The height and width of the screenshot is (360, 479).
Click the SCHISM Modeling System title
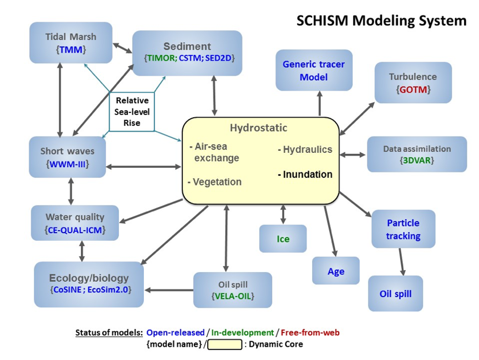(381, 21)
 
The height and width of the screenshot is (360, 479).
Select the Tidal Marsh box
(71, 43)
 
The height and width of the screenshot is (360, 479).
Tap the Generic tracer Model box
(314, 71)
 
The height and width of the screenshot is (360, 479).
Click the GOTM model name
(413, 89)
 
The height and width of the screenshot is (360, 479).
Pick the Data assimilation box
(417, 154)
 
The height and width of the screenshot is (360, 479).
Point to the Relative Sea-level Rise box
(132, 111)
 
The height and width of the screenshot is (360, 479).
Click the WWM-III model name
(68, 164)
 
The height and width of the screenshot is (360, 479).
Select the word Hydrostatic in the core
(258, 128)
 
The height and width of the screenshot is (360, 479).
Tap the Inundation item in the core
(305, 174)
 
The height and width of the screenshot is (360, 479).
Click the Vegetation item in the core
(215, 182)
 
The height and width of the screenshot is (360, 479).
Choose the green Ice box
(283, 239)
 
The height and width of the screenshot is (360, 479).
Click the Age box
(336, 271)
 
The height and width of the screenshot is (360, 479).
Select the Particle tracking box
(403, 230)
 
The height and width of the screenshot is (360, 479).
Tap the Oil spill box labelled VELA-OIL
(233, 289)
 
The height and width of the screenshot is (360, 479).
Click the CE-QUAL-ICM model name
(75, 230)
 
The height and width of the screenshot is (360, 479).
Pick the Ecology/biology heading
(89, 278)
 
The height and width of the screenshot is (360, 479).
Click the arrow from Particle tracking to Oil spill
(402, 262)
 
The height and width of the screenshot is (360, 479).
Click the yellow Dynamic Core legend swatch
(225, 345)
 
